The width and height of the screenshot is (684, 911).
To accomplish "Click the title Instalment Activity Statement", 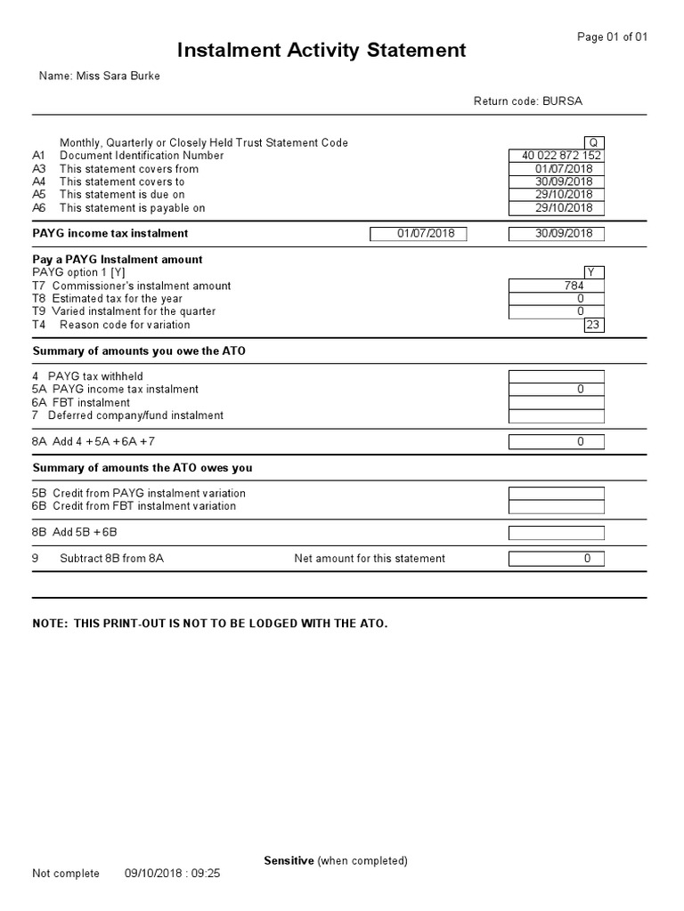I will coord(321,51).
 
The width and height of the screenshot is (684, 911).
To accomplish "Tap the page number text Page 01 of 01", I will coord(613,36).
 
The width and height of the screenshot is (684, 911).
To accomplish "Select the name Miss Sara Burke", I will coord(100,77).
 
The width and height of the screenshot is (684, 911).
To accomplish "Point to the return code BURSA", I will coord(528,101).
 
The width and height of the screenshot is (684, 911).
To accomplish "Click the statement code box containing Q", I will coord(593,142).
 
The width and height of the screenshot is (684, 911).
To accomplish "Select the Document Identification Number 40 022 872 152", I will coord(556,156).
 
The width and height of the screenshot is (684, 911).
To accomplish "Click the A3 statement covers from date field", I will coord(556,169).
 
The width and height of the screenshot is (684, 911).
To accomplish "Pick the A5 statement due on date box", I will coord(556,195).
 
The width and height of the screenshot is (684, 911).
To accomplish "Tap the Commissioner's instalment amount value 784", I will coord(556,286).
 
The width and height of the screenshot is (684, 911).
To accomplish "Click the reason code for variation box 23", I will coord(593,325).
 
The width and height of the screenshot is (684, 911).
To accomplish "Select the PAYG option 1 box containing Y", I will coord(593,272).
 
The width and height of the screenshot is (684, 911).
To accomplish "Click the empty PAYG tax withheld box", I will coord(556,376).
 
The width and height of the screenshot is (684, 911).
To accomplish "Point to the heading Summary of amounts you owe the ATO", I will coord(139,351).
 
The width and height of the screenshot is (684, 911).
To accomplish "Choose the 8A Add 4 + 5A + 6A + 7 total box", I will coord(556,441).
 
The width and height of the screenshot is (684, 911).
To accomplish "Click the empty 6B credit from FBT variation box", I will coord(556,506).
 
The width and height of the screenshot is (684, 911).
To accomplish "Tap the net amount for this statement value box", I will coord(556,559).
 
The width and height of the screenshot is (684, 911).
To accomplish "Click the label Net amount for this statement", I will coord(370,559).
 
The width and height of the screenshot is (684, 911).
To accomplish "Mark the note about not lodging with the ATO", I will coord(210,624).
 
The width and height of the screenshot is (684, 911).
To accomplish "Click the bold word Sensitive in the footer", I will coord(289,860).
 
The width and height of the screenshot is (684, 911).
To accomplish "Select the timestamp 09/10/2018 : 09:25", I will coord(172,874).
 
